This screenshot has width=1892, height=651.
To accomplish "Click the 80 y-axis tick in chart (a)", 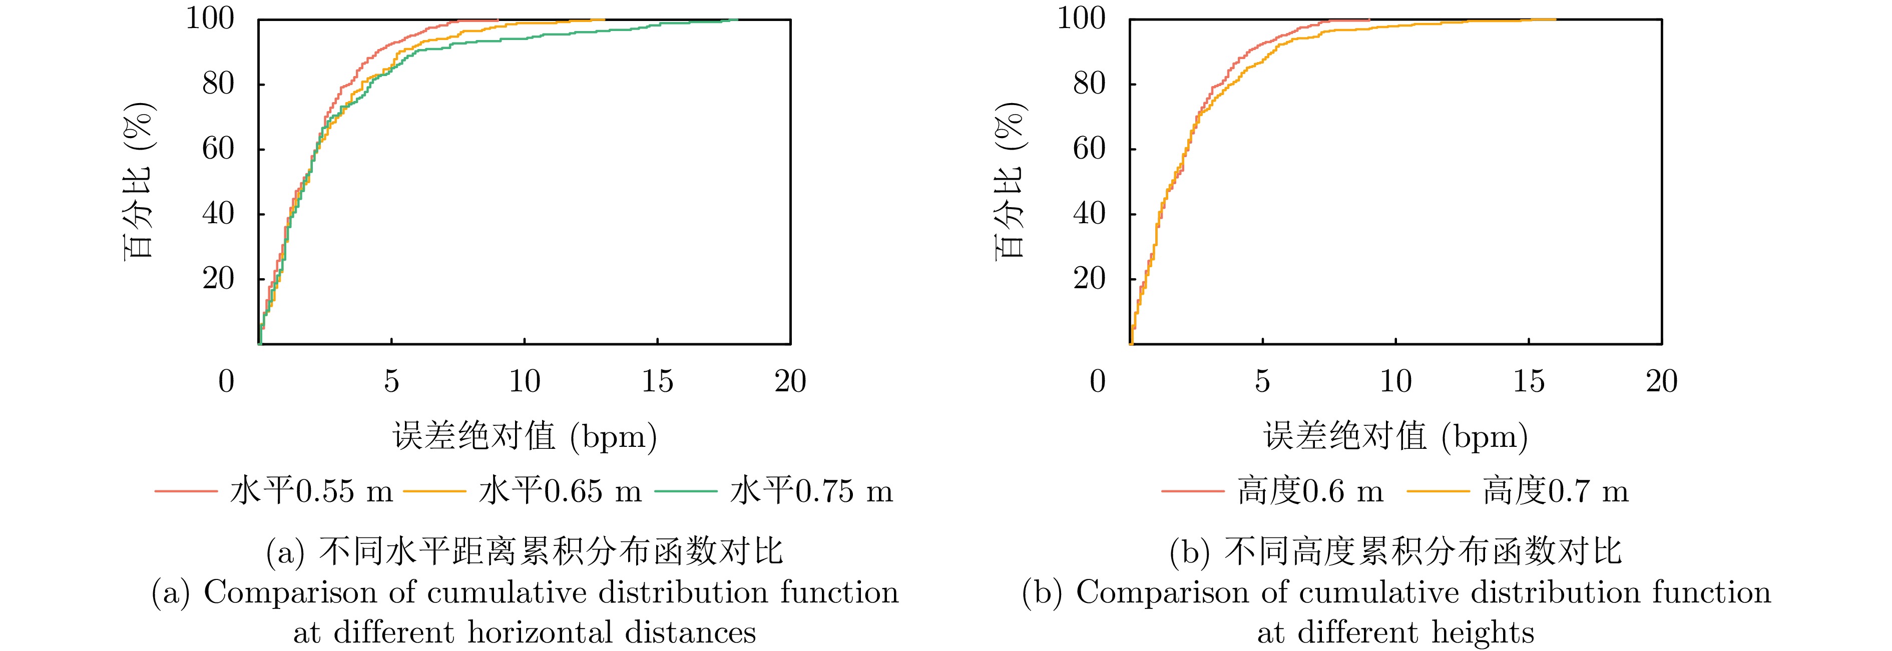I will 218,84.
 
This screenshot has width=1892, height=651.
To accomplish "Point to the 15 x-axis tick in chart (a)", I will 657,381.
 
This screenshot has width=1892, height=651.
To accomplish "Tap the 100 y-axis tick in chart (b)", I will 1081,19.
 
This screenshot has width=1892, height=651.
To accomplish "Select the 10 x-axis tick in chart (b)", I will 1395,381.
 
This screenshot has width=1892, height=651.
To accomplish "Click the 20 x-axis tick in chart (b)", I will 1661,381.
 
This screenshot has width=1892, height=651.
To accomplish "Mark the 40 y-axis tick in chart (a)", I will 218,214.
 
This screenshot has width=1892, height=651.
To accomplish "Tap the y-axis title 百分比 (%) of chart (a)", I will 138,181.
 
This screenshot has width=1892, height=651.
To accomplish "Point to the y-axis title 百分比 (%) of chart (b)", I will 1011,181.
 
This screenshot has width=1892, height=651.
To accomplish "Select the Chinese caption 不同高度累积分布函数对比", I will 1423,552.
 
